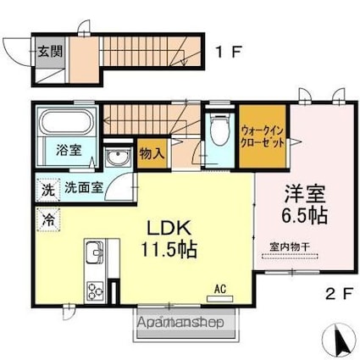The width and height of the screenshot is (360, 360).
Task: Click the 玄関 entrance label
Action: [x=50, y=52]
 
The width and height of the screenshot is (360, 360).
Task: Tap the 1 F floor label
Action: [x=228, y=52]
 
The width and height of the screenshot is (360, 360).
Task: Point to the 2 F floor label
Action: [x=340, y=295]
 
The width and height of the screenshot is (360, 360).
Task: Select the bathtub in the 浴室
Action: [x=68, y=123]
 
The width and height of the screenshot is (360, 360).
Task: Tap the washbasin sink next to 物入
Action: [x=118, y=158]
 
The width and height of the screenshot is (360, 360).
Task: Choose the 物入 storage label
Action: [x=152, y=154]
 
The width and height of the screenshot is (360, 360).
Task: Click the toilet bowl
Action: [x=220, y=130]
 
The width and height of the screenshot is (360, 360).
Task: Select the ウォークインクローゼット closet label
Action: [x=263, y=137]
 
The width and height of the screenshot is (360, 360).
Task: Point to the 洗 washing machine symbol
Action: [x=48, y=190]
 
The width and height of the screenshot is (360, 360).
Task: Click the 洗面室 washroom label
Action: [x=84, y=187]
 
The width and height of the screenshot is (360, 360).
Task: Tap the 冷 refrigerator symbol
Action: [x=48, y=219]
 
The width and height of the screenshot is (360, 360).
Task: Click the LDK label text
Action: [x=169, y=229]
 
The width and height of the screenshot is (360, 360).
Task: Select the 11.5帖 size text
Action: [x=169, y=250]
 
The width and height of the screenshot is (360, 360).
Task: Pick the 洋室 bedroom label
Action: [x=305, y=193]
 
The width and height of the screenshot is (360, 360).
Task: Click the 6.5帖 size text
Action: [x=305, y=215]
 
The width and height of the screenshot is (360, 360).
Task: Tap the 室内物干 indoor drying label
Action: [x=290, y=247]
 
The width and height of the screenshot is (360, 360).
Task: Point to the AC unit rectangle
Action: [x=220, y=298]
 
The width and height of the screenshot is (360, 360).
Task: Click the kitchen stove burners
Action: [x=95, y=291]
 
